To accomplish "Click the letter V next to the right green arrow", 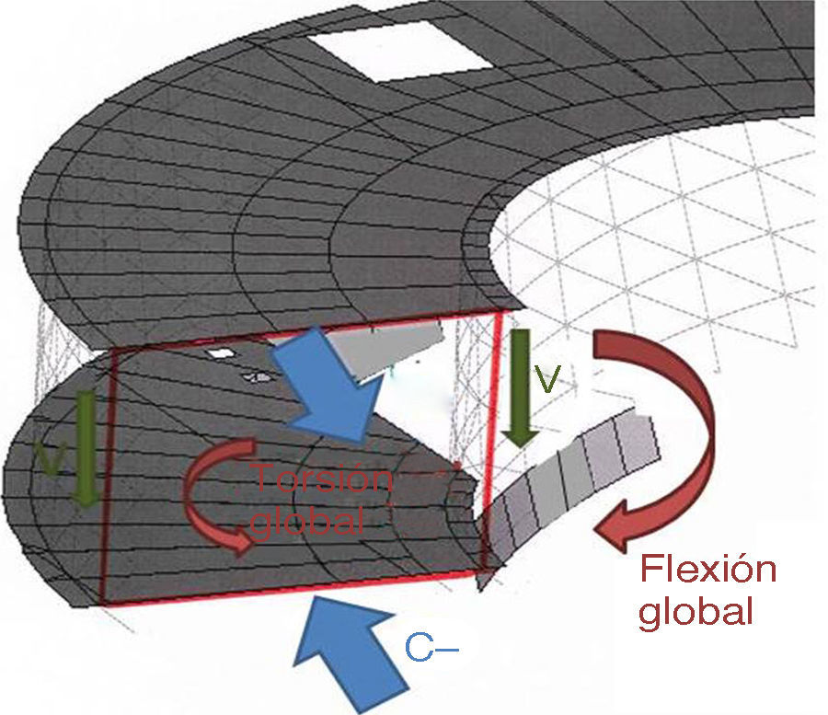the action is click(x=549, y=378).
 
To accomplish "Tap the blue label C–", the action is click(x=431, y=650).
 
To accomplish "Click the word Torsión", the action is click(x=322, y=479).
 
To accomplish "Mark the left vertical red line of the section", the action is click(x=107, y=479).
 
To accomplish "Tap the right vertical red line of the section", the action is click(x=492, y=442).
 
